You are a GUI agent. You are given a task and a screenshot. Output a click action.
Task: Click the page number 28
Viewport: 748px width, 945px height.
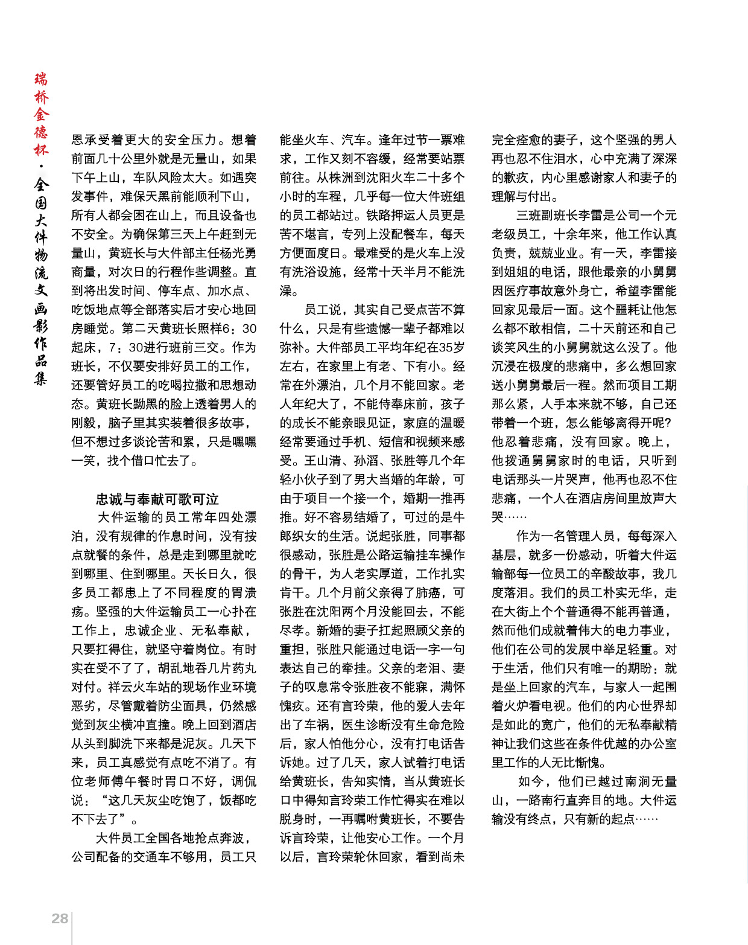[60, 918]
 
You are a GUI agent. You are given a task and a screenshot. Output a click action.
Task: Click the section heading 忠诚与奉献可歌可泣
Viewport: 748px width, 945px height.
[157, 499]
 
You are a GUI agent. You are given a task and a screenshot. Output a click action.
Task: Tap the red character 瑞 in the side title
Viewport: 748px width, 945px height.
[40, 79]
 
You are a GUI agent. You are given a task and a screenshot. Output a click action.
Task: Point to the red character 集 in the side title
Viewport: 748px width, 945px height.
[40, 379]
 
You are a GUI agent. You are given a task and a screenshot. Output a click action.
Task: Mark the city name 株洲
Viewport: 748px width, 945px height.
[341, 178]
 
